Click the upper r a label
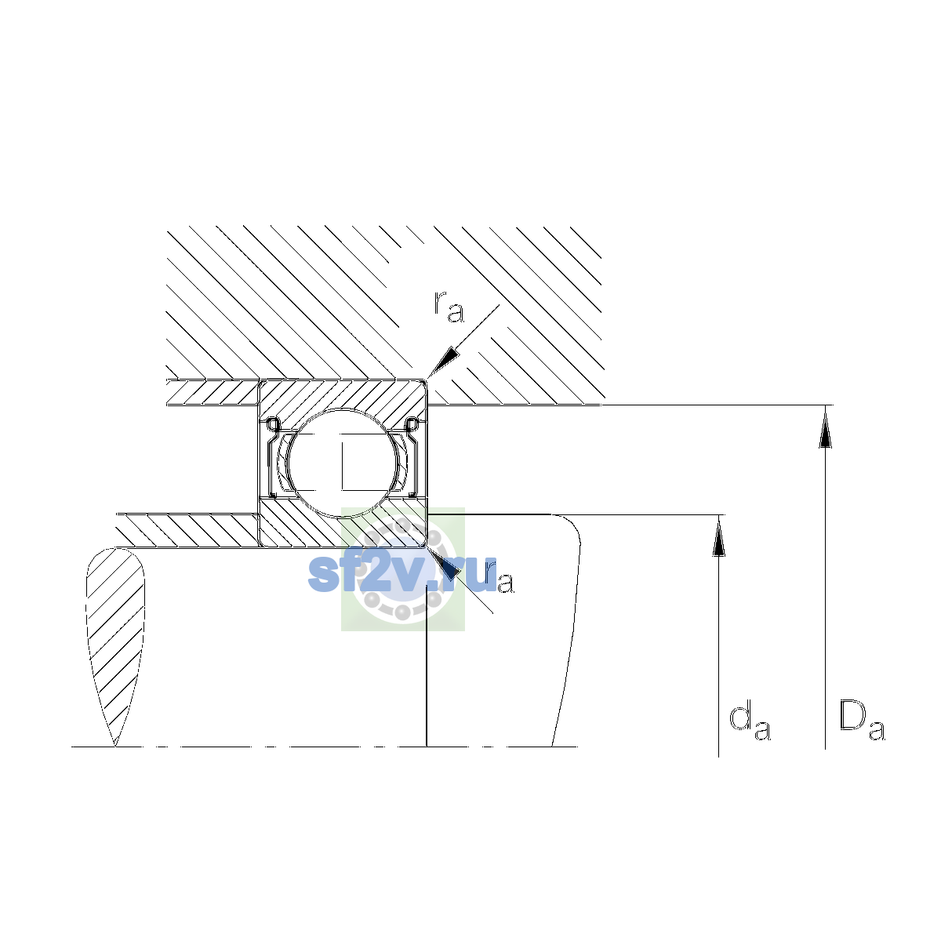click(x=449, y=307)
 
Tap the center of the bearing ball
click(x=344, y=463)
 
